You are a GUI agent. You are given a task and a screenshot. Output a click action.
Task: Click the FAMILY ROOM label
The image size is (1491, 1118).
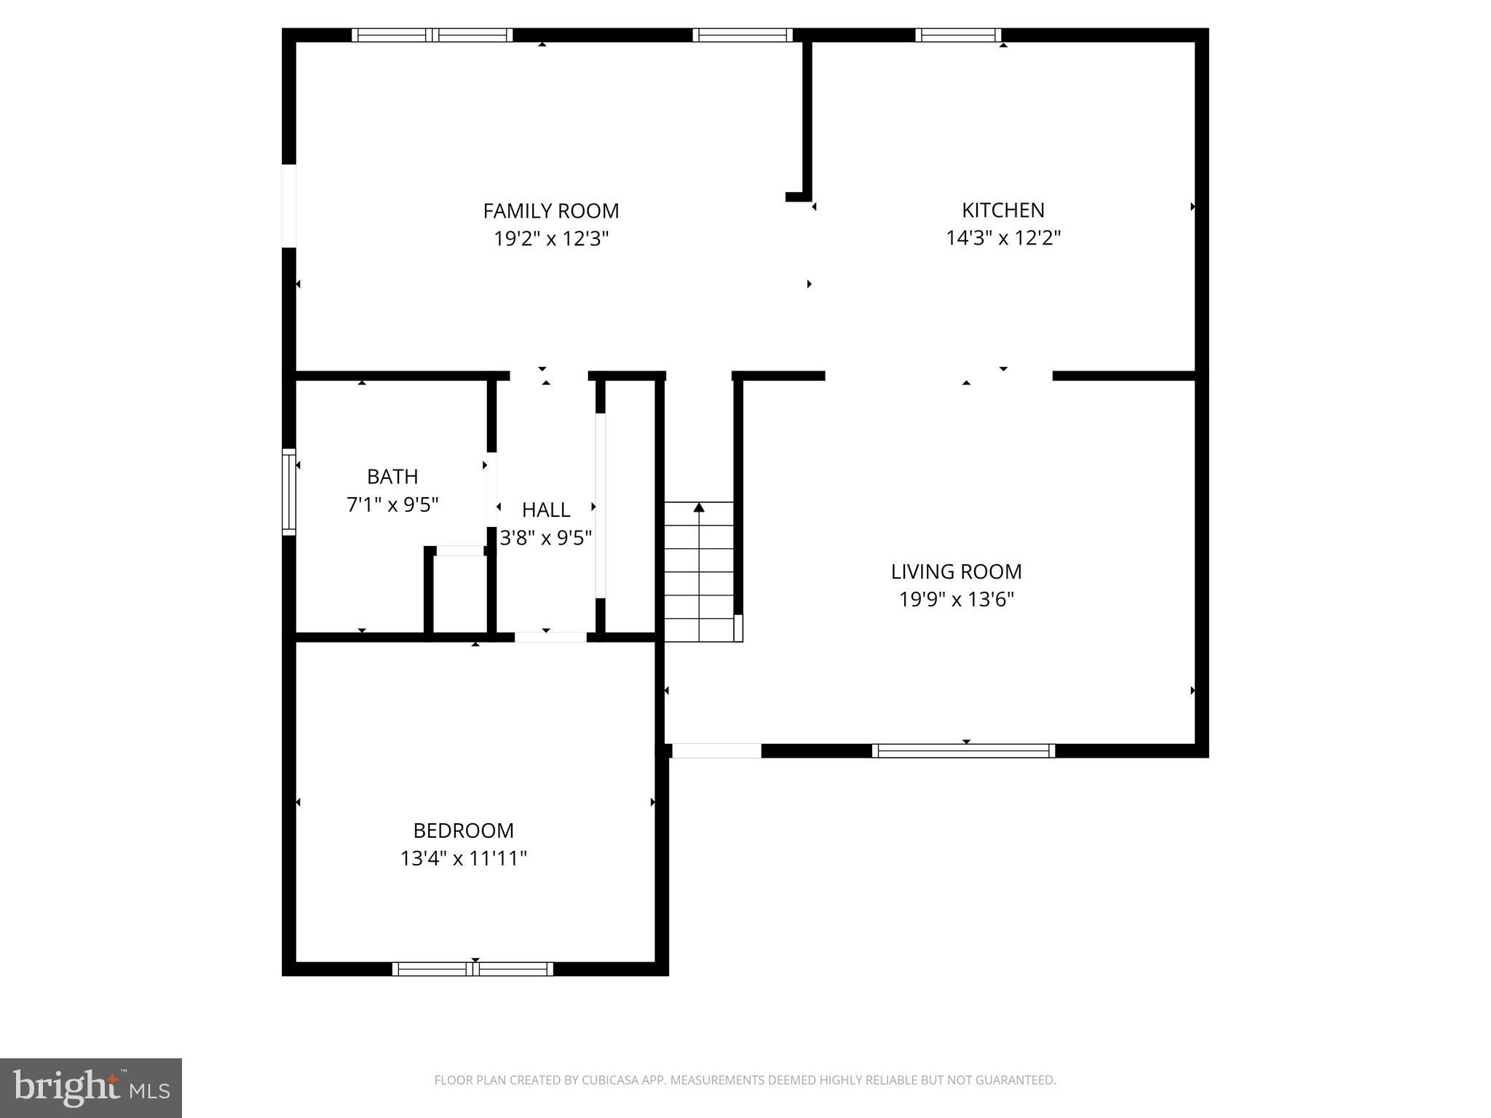point(550,211)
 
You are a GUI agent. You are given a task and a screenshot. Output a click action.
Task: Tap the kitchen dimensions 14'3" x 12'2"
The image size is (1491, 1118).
point(1002,238)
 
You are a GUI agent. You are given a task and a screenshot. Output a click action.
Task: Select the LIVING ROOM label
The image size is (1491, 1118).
point(956,571)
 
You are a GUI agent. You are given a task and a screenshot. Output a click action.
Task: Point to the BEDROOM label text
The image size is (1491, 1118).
point(463,830)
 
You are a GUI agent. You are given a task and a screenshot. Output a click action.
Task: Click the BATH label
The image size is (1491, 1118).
point(392,477)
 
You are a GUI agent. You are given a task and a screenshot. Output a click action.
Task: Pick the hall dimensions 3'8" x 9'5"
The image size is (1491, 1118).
point(546,538)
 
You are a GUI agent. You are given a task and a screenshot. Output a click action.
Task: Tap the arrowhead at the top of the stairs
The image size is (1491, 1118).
point(699,507)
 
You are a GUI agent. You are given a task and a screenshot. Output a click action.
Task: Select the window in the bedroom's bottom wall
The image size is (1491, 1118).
point(472,969)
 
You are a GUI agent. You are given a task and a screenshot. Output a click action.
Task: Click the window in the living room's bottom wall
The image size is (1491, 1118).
point(963,750)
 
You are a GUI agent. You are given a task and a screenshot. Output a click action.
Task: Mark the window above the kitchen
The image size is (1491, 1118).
point(957,35)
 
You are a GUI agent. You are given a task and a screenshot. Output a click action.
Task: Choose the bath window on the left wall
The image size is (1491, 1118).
point(289,492)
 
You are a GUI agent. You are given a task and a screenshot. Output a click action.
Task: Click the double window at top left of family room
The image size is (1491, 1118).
point(432,35)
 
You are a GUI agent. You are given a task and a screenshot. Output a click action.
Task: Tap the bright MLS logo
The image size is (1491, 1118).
point(91,1087)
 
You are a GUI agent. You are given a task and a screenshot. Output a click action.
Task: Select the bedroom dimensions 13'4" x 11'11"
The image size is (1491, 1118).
point(463,858)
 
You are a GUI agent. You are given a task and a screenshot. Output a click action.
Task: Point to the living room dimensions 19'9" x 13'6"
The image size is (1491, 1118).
point(956,599)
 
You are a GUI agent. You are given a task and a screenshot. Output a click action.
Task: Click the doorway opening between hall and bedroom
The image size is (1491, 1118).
point(550,638)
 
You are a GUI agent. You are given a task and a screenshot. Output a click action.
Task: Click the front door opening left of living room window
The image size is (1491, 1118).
point(716,750)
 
